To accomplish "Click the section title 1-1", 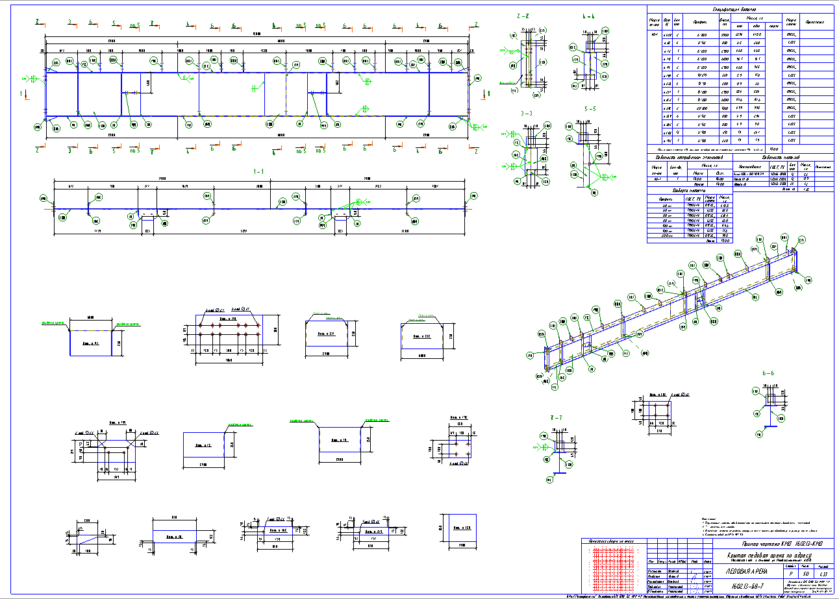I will point(258,171).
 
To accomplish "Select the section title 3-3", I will point(525,113).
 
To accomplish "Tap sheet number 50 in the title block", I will point(806,574).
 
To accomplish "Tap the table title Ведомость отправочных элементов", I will point(689,158).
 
